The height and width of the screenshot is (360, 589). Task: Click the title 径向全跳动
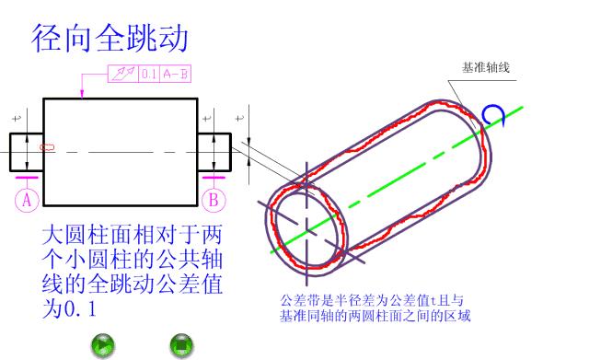(x=110, y=38)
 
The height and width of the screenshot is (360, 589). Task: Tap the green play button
(x=103, y=345)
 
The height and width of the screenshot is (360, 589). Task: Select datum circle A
(x=27, y=198)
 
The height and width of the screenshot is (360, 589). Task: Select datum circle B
(x=214, y=198)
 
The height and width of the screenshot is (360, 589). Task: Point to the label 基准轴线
(x=485, y=67)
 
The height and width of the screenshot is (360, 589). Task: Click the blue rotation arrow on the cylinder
(x=493, y=114)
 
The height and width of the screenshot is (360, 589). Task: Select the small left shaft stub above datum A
(x=27, y=152)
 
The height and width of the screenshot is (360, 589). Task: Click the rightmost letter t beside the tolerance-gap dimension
(x=240, y=118)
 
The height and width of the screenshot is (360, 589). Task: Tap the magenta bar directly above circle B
(x=214, y=178)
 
